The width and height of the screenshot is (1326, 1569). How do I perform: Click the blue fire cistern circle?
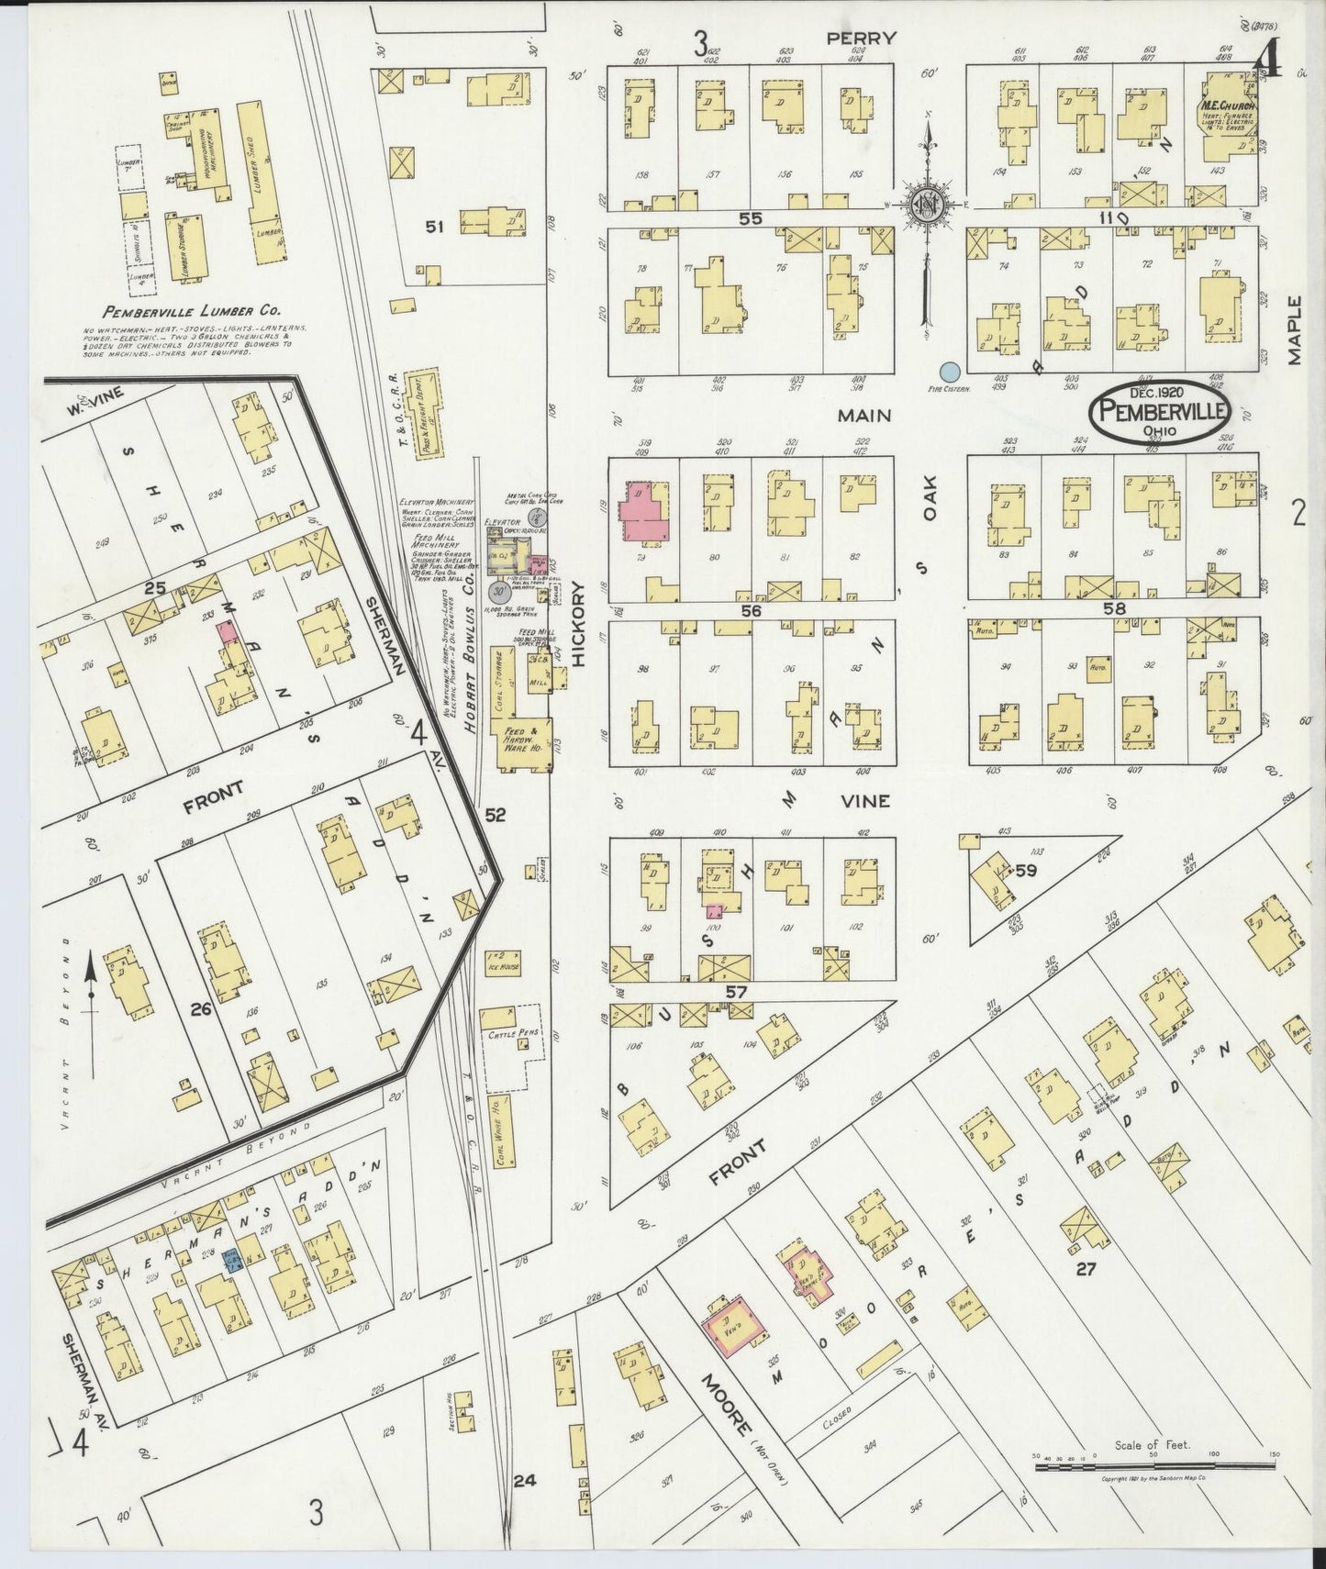tap(951, 372)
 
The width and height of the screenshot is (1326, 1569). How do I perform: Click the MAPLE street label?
tap(1295, 330)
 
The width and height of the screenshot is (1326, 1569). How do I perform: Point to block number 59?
tap(1025, 870)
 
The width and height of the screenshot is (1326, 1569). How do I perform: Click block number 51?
tap(434, 227)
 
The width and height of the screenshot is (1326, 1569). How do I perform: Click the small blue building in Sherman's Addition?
tap(231, 1263)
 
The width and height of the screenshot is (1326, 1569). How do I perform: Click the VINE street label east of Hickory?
tap(864, 801)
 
